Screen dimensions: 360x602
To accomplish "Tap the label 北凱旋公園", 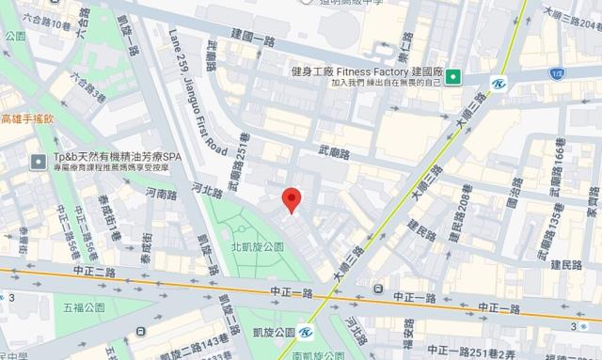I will click(257, 246).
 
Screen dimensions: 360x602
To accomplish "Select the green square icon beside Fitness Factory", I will click(452, 76).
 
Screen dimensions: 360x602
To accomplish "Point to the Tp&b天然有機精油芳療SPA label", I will click(106, 156).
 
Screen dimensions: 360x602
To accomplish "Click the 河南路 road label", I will click(161, 194).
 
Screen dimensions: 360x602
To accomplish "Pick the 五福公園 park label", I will click(85, 307).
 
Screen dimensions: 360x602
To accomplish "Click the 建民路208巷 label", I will click(465, 211).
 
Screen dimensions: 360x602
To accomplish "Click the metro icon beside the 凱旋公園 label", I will click(306, 332).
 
